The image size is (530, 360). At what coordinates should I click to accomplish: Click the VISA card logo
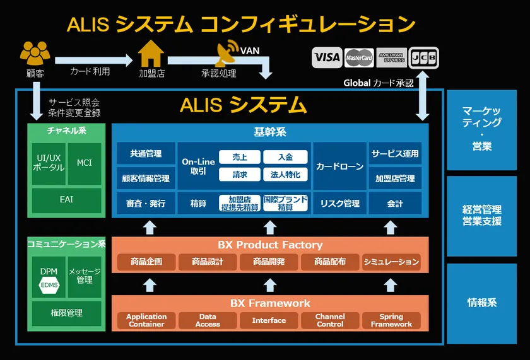pyautogui.click(x=327, y=57)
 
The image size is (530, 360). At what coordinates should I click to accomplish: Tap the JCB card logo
pyautogui.click(x=423, y=58)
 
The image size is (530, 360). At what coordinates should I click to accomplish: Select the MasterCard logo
pyautogui.click(x=359, y=58)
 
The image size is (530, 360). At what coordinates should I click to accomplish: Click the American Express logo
pyautogui.click(x=391, y=58)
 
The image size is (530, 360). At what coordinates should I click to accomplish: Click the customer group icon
pyautogui.click(x=35, y=54)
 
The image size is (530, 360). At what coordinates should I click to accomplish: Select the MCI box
pyautogui.click(x=85, y=163)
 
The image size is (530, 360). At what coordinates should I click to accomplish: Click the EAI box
pyautogui.click(x=67, y=199)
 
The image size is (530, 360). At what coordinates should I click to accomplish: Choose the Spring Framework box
pyautogui.click(x=391, y=321)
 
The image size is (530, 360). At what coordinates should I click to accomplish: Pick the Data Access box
pyautogui.click(x=208, y=321)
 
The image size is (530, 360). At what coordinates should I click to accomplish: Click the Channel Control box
pyautogui.click(x=330, y=321)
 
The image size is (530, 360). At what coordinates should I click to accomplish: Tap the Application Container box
pyautogui.click(x=146, y=321)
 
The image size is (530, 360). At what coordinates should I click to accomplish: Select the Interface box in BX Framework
pyautogui.click(x=269, y=321)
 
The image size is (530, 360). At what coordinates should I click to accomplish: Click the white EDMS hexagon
pyautogui.click(x=49, y=286)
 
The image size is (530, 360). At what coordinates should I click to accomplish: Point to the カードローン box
pyautogui.click(x=339, y=166)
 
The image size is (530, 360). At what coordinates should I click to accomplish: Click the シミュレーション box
pyautogui.click(x=391, y=262)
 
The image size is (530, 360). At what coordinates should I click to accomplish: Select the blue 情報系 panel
pyautogui.click(x=481, y=303)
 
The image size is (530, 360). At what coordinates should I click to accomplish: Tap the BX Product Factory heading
pyautogui.click(x=270, y=245)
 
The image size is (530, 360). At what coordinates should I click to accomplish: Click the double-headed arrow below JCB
pyautogui.click(x=422, y=95)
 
